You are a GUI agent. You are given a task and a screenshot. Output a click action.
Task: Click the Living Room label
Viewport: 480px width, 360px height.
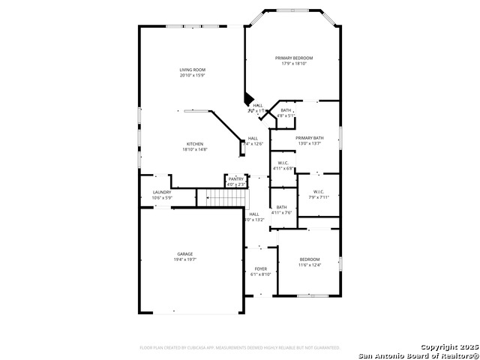tap(192, 70)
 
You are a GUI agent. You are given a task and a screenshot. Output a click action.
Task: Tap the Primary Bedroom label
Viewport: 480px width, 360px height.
tap(294, 58)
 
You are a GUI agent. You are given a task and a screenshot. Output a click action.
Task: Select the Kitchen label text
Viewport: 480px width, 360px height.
tap(194, 144)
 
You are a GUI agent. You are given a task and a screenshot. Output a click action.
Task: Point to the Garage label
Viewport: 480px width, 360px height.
tap(184, 254)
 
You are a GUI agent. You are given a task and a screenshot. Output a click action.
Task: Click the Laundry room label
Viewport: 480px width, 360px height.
tap(162, 192)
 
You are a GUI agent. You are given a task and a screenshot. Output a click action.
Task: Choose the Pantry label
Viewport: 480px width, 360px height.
tap(236, 179)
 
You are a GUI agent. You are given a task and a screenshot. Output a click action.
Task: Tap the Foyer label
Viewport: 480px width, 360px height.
tap(260, 268)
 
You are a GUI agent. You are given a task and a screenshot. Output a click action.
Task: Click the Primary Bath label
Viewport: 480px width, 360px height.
tap(309, 138)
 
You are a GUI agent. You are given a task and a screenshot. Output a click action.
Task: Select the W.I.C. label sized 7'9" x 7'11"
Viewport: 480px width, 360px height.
tap(318, 191)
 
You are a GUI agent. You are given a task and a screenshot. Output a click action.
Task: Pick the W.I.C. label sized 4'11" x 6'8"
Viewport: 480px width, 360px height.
tap(283, 163)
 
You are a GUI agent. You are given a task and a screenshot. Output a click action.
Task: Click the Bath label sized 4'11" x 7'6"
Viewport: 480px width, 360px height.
tap(281, 207)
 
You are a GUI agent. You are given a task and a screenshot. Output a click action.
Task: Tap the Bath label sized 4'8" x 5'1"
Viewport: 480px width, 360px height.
tap(286, 110)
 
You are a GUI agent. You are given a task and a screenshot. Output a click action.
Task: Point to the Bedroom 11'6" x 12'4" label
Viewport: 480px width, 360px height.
tap(309, 259)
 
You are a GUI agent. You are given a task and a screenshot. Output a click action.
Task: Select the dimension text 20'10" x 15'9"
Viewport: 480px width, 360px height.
tap(192, 75)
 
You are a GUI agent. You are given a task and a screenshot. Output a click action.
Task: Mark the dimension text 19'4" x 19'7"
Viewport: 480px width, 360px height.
tap(184, 259)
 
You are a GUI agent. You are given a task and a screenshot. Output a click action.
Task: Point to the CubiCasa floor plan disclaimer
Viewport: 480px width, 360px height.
tap(240, 348)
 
